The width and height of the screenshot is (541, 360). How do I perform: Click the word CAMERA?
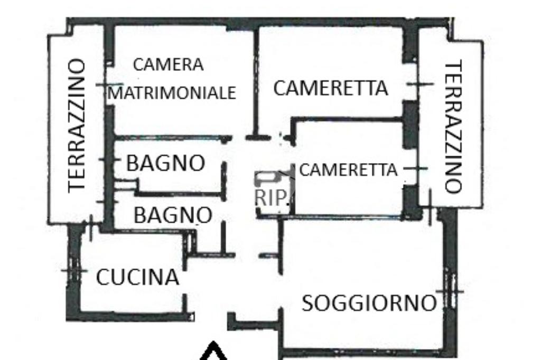click(168, 65)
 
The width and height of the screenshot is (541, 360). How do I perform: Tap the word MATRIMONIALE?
click(172, 93)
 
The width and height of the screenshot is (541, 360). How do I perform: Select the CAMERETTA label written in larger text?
click(330, 88)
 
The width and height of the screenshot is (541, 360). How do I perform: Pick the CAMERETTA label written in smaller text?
click(348, 170)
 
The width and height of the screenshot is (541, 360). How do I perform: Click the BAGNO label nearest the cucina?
click(173, 215)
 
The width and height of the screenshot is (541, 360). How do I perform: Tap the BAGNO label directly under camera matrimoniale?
click(165, 164)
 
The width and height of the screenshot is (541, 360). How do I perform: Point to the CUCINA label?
click(137, 278)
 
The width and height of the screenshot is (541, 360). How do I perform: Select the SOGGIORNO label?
click(369, 304)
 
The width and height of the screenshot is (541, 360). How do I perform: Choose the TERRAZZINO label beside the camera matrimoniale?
click(77, 125)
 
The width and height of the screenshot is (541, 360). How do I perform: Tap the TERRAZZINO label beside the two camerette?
click(453, 127)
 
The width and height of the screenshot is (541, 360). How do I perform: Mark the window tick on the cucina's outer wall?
click(74, 270)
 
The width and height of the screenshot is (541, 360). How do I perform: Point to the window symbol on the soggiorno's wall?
click(450, 290)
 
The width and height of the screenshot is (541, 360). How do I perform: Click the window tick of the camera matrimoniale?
click(109, 84)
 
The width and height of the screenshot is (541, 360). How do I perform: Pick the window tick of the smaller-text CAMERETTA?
click(417, 168)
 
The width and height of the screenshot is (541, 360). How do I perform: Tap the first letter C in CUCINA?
click(103, 278)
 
